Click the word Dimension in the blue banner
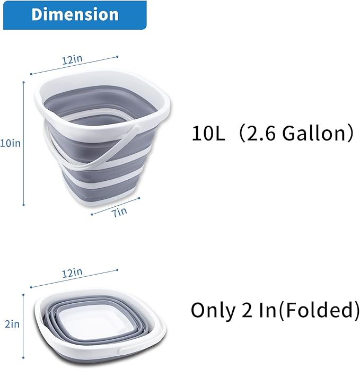74,14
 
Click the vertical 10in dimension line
24,143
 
